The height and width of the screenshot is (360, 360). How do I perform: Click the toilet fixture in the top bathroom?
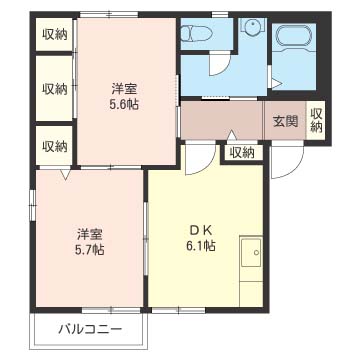pyautogui.click(x=197, y=33)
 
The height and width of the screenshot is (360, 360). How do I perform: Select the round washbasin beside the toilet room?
pyautogui.click(x=252, y=26)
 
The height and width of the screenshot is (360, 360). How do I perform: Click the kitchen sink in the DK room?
pyautogui.click(x=251, y=252)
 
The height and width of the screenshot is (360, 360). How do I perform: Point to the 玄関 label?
pyautogui.click(x=285, y=121)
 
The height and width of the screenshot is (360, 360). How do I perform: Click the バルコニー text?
pyautogui.click(x=90, y=330)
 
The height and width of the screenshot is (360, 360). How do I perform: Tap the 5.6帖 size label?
pyautogui.click(x=124, y=104)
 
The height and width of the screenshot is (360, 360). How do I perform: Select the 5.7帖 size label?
pyautogui.click(x=89, y=249)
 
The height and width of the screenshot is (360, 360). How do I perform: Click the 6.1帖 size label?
pyautogui.click(x=201, y=246)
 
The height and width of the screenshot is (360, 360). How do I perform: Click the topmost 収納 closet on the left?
pyautogui.click(x=54, y=35)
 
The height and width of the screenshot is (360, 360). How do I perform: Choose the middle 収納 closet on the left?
pyautogui.click(x=54, y=89)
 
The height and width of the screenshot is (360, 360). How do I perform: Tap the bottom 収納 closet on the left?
pyautogui.click(x=54, y=146)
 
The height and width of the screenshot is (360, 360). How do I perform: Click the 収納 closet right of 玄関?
pyautogui.click(x=316, y=120)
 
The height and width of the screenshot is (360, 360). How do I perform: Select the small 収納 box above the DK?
pyautogui.click(x=242, y=153)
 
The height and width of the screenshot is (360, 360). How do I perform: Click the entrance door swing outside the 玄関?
pyautogui.click(x=287, y=160)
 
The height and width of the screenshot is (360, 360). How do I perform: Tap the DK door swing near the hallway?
pyautogui.click(x=200, y=158)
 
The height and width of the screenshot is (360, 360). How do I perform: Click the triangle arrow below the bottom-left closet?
pyautogui.click(x=65, y=173)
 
